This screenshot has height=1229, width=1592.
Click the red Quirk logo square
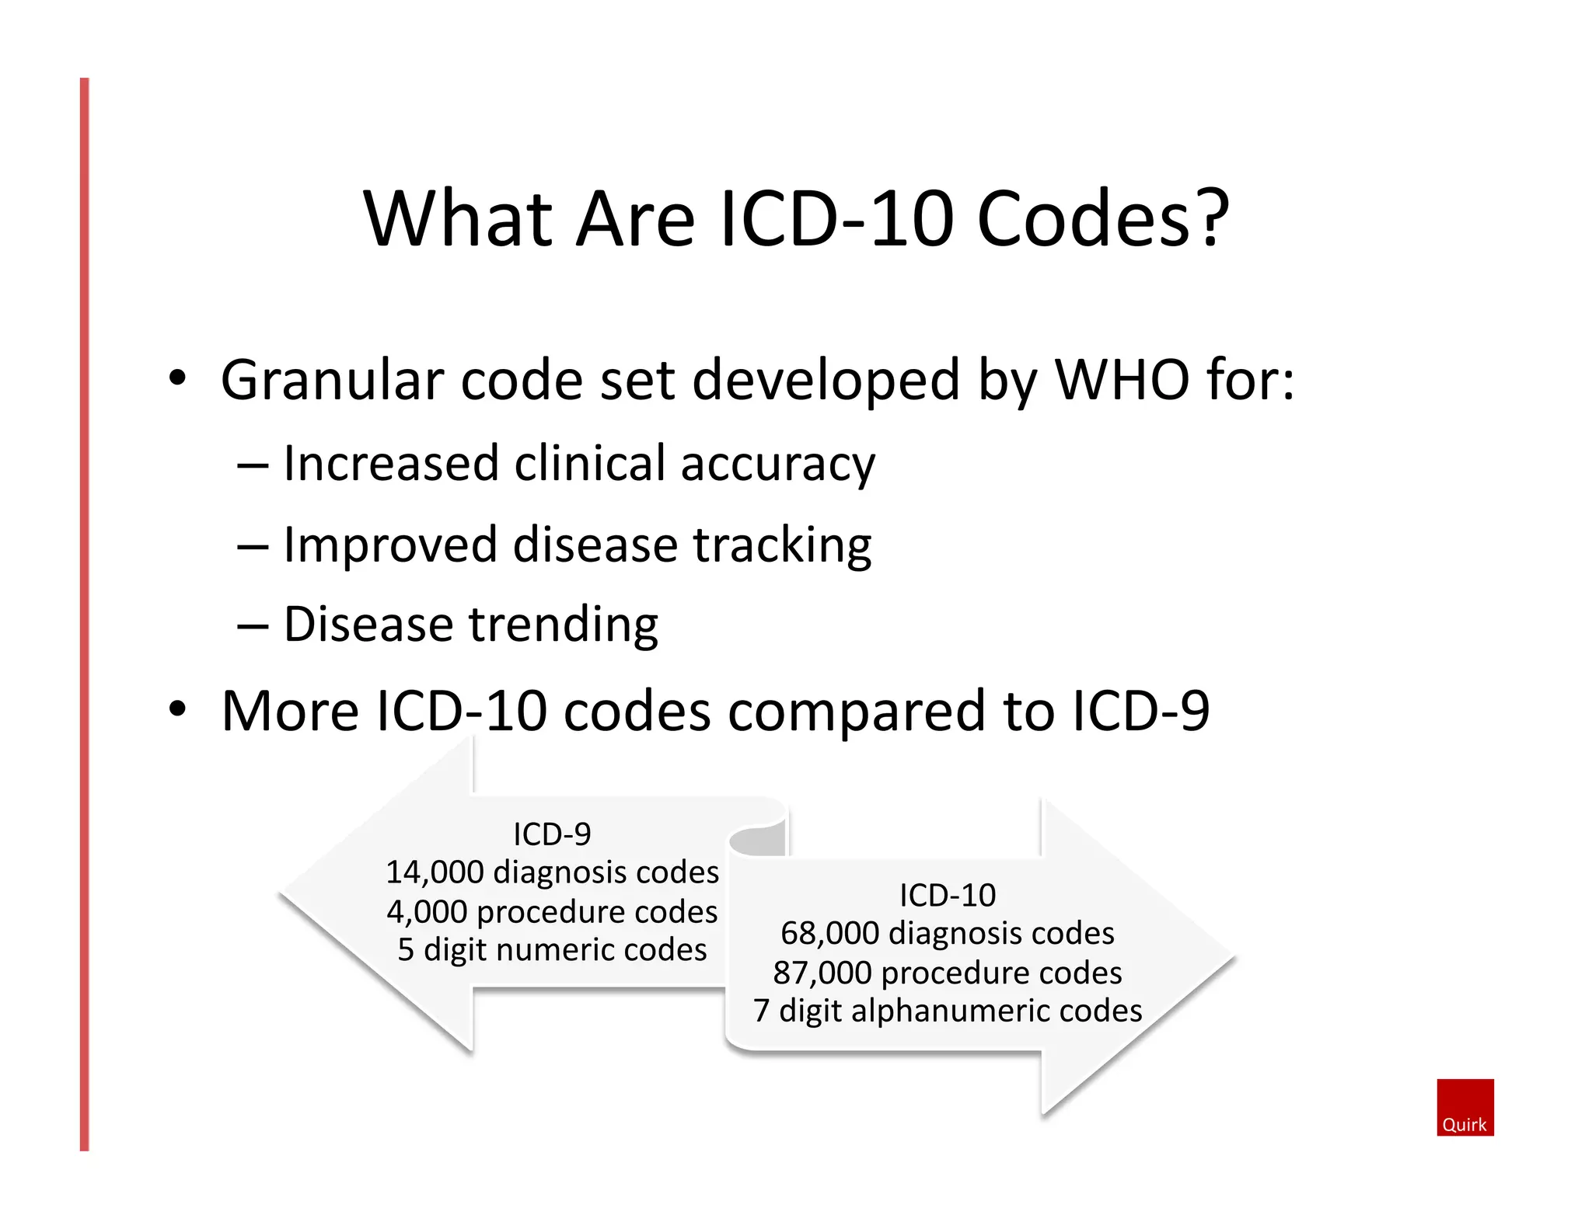point(1465,1106)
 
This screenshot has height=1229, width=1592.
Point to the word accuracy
point(777,465)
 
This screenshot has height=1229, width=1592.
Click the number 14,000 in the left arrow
point(435,872)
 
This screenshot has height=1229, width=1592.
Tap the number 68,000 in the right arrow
point(829,933)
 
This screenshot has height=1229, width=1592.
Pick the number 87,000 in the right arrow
point(822,973)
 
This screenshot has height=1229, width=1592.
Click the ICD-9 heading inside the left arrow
point(552,834)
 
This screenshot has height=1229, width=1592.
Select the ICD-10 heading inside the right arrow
point(947,895)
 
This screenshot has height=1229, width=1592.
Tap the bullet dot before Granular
point(178,378)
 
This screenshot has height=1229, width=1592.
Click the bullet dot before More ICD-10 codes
point(178,709)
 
